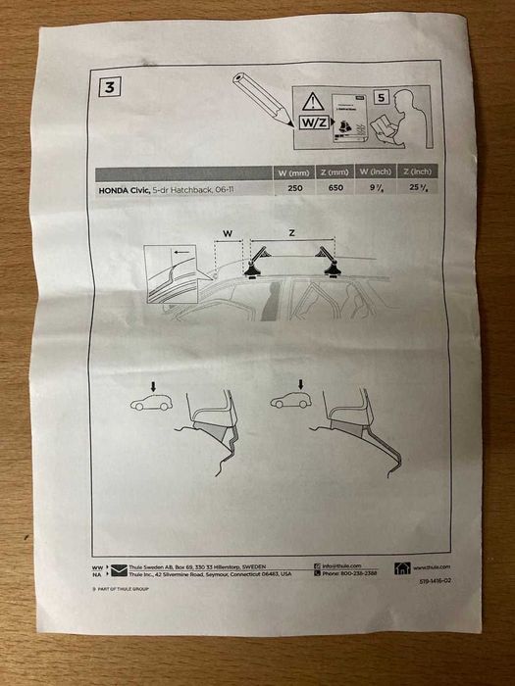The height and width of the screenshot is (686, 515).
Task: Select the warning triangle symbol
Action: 312,101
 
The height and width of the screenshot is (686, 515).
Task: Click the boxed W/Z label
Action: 313,123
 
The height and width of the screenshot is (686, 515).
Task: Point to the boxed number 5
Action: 382,98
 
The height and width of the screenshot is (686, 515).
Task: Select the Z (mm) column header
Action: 339,172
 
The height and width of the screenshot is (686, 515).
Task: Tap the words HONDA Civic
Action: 124,187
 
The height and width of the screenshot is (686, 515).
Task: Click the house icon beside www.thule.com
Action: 402,568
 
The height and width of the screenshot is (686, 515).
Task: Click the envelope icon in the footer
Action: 120,570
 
